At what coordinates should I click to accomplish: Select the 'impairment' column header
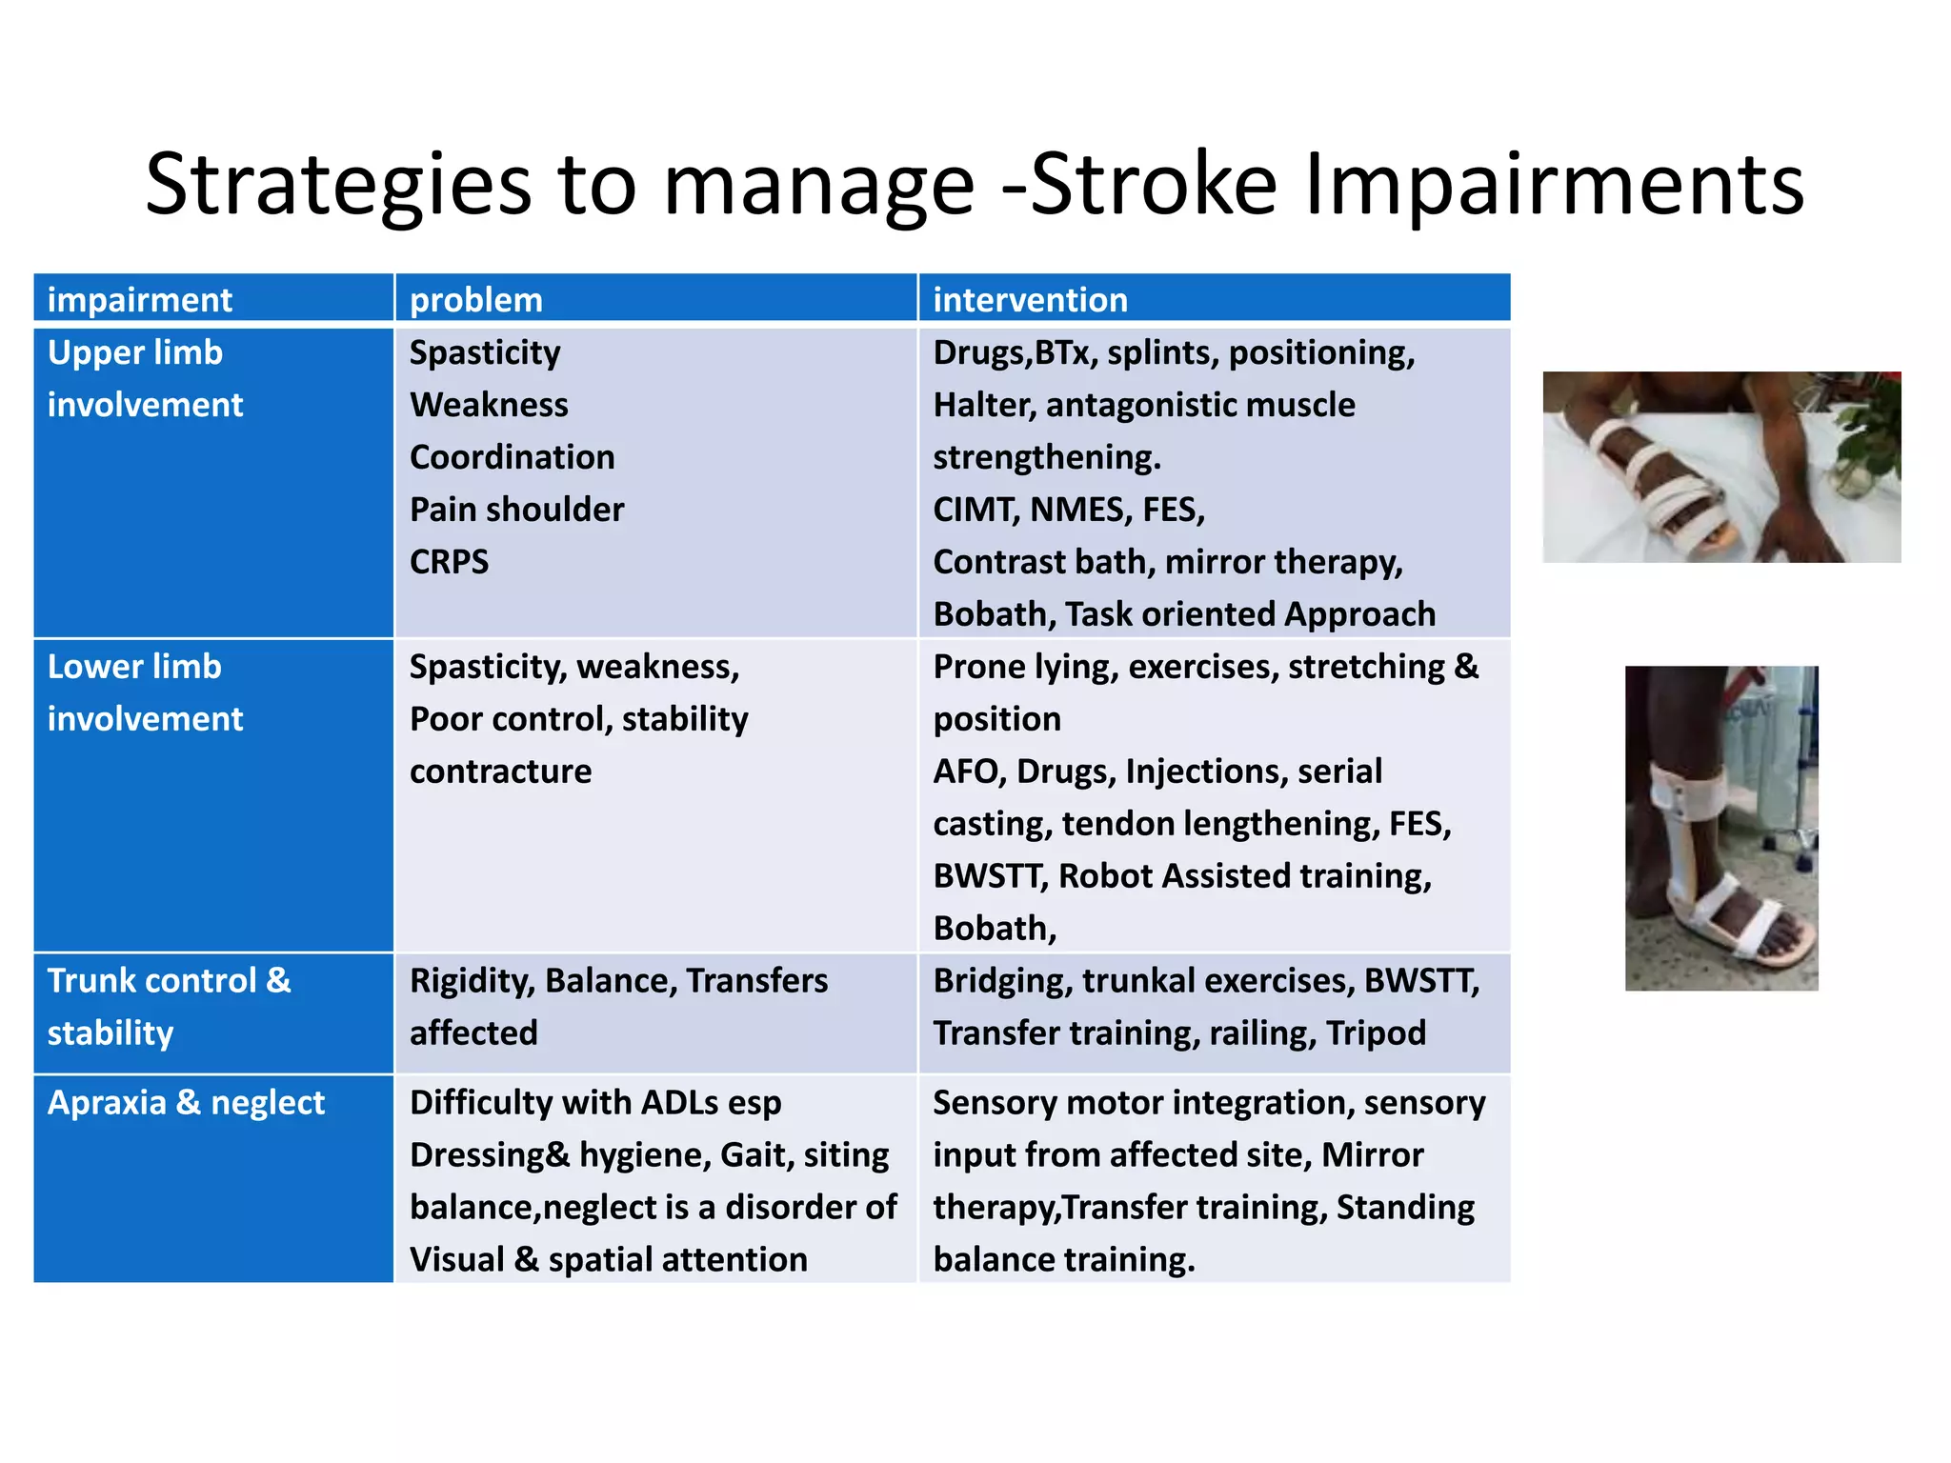[x=139, y=300]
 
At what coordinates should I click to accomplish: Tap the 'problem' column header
[x=475, y=300]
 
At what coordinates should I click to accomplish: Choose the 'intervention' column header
[x=1030, y=300]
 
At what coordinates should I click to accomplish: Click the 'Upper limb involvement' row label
[x=145, y=378]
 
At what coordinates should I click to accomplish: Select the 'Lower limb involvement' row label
[x=145, y=692]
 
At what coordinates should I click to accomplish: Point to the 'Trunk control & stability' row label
[x=169, y=1006]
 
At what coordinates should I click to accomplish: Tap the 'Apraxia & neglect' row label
[x=186, y=1102]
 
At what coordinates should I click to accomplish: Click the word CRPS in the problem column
[x=449, y=562]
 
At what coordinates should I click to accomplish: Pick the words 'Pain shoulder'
[x=516, y=510]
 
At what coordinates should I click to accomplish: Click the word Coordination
[x=512, y=457]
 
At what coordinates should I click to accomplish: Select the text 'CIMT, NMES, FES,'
[x=1068, y=510]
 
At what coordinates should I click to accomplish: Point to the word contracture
[x=500, y=771]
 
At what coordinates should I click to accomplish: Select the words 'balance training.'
[x=1063, y=1259]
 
